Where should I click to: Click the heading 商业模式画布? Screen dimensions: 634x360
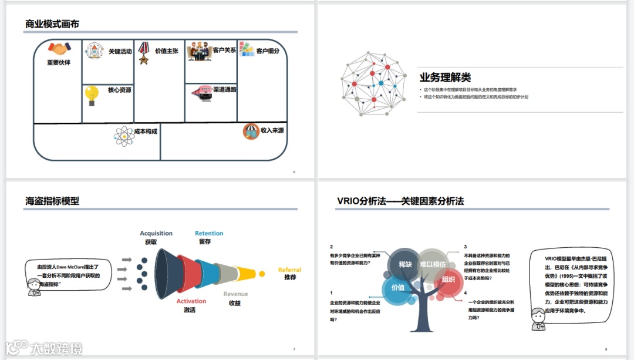52,24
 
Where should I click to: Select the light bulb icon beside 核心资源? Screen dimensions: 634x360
92,95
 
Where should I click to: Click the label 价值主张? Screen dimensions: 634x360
167,51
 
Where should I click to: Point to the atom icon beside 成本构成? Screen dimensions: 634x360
123,136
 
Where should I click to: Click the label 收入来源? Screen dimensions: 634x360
272,130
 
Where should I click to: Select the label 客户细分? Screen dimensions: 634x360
268,51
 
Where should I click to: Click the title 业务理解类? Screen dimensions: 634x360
445,78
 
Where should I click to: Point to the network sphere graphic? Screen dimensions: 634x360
373,83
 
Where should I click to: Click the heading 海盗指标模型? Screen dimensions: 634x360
52,201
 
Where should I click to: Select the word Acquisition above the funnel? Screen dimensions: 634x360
156,233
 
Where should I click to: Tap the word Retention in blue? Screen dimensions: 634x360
209,233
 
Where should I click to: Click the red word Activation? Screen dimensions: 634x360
191,301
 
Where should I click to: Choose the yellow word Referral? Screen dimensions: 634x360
289,270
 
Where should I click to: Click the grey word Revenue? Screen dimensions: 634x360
235,294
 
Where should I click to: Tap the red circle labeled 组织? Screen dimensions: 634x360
448,280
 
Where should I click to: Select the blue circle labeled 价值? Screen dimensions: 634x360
397,287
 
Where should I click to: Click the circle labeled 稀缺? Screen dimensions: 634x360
405,264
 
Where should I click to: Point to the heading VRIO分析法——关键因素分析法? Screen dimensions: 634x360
400,201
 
